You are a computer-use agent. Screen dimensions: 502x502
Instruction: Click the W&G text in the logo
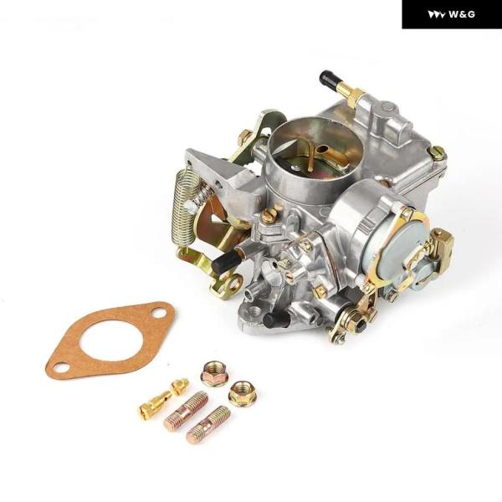(461, 14)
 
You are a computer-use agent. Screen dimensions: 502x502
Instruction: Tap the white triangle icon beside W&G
(436, 15)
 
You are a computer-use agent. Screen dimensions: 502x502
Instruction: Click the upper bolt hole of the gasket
(159, 312)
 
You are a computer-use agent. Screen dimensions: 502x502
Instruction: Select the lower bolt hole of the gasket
(61, 367)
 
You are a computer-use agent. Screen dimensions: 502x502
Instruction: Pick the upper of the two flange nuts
(213, 374)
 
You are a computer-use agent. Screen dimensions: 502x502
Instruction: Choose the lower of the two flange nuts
(242, 393)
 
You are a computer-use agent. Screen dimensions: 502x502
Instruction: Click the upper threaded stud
(186, 411)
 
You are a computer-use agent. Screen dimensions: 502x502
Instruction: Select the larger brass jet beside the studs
(155, 402)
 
